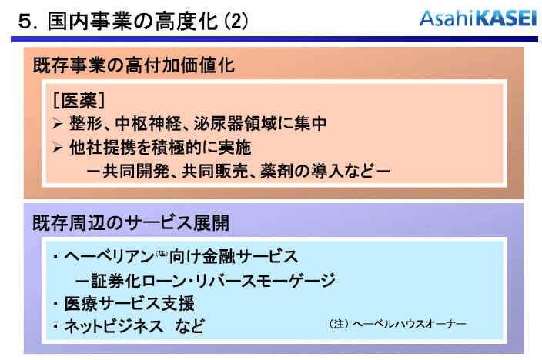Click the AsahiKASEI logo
coord(478,18)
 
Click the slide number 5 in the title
coord(25,22)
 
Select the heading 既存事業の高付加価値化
coord(134,65)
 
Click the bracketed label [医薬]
coord(79,101)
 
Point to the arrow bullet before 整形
coord(58,123)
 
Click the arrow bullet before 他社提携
coord(58,148)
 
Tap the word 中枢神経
coord(148,123)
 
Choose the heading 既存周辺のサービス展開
coord(131,222)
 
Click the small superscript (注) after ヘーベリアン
coord(162,253)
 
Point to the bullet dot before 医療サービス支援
coord(55,303)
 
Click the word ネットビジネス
coord(114,326)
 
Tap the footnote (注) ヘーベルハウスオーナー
coord(397,324)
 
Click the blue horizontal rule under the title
coord(274,39)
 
